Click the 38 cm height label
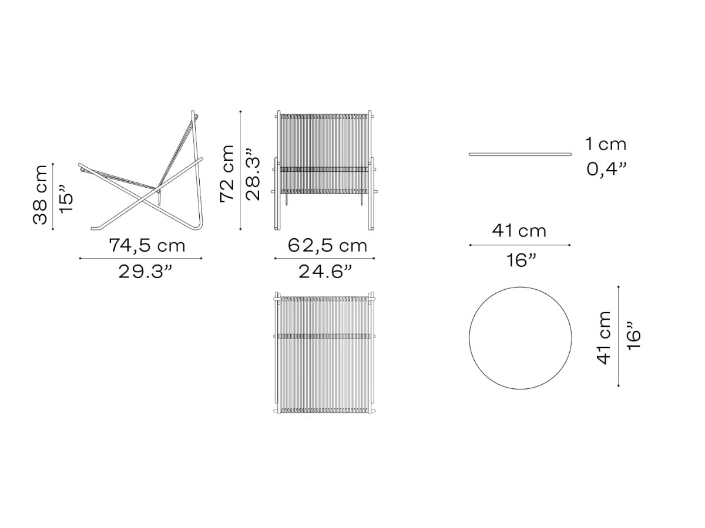pyautogui.click(x=40, y=195)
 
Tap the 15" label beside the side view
pyautogui.click(x=66, y=198)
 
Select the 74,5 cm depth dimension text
pyautogui.click(x=147, y=246)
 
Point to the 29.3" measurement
pyautogui.click(x=145, y=272)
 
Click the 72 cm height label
pyautogui.click(x=227, y=174)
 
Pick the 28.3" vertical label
pyautogui.click(x=253, y=174)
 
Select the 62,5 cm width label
pyautogui.click(x=327, y=246)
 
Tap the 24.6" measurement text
pyautogui.click(x=325, y=272)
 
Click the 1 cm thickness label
pyautogui.click(x=606, y=144)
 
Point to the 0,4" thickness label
pyautogui.click(x=606, y=169)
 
